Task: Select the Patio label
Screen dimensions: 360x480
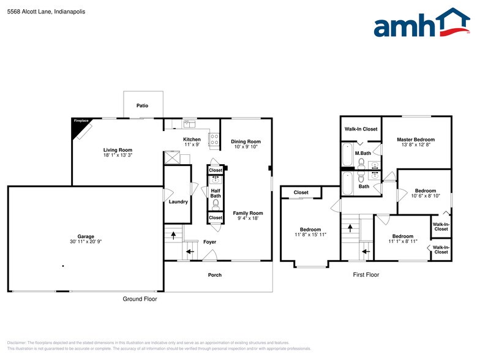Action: [x=142, y=106]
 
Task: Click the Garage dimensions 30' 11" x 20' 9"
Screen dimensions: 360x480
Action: [x=85, y=241]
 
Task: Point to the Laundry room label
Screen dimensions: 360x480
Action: [x=178, y=201]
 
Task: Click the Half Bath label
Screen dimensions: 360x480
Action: [x=216, y=193]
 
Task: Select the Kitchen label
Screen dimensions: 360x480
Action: [x=192, y=139]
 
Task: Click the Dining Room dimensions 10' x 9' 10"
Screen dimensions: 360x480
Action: [x=246, y=147]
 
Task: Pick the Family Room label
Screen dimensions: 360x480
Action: [x=247, y=213]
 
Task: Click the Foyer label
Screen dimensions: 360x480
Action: [x=210, y=242]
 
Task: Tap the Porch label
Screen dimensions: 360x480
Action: [x=215, y=275]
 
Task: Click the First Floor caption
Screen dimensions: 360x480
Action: [x=366, y=275]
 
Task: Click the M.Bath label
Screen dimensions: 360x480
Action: [x=363, y=153]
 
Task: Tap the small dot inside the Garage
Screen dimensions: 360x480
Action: [x=63, y=266]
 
